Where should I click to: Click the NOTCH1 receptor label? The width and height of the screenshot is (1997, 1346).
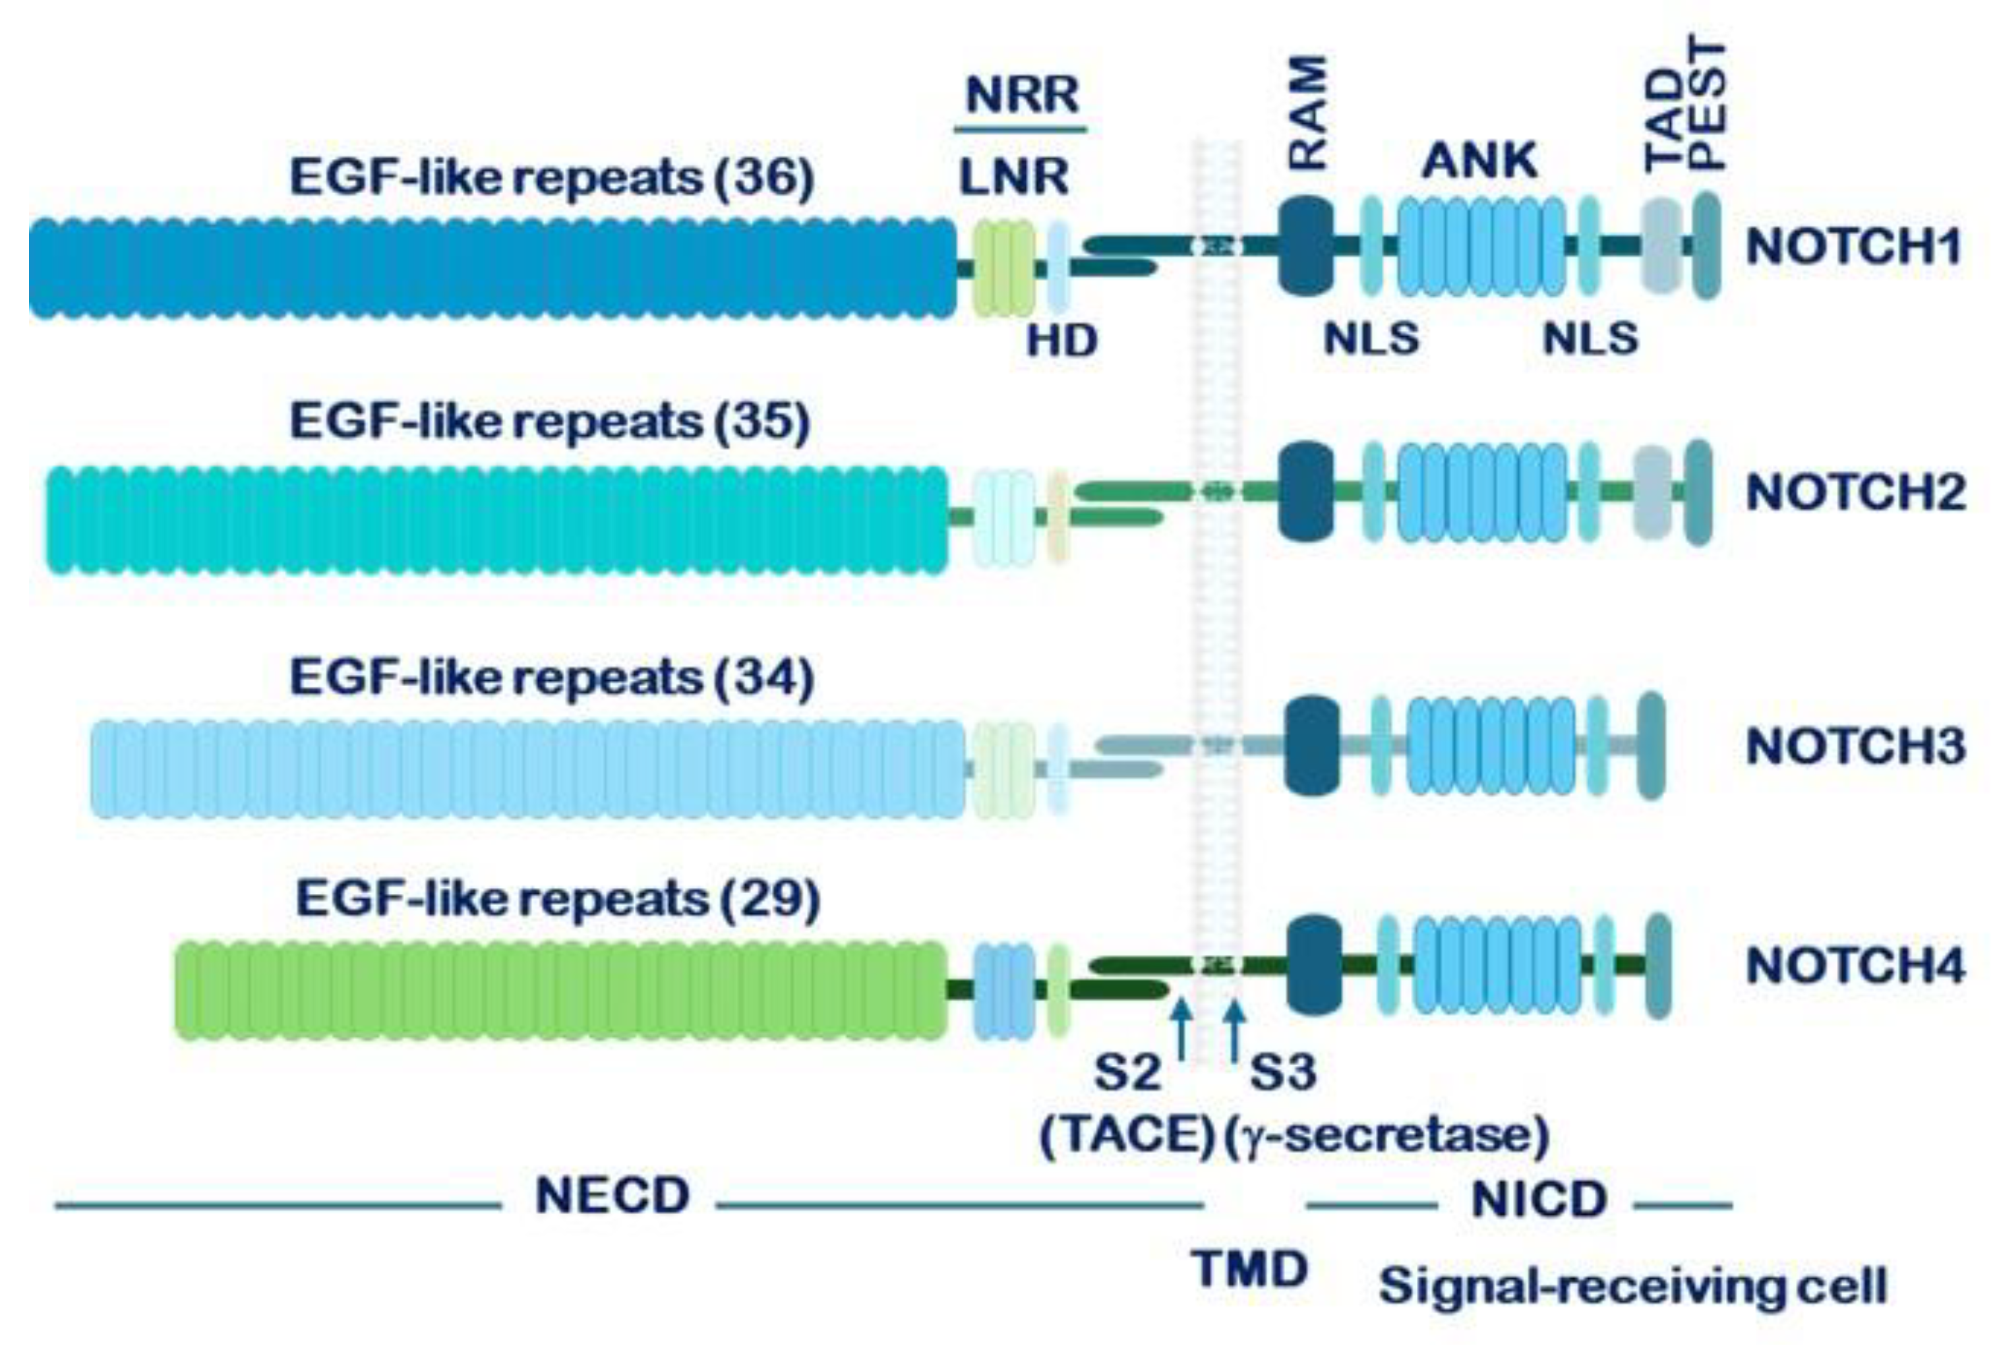(1854, 247)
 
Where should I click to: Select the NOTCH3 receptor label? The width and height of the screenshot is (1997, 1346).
(1855, 746)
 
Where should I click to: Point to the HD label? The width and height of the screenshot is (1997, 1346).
(1062, 341)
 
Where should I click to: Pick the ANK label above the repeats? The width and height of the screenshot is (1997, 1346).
(1478, 161)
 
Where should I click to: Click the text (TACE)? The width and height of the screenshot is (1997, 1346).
(1127, 1136)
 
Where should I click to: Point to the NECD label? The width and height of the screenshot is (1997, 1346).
(612, 1196)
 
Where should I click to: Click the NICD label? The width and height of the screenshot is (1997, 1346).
(1539, 1200)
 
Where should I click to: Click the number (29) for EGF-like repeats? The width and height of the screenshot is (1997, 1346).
(770, 900)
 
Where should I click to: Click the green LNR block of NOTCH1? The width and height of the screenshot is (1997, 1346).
(1002, 268)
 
